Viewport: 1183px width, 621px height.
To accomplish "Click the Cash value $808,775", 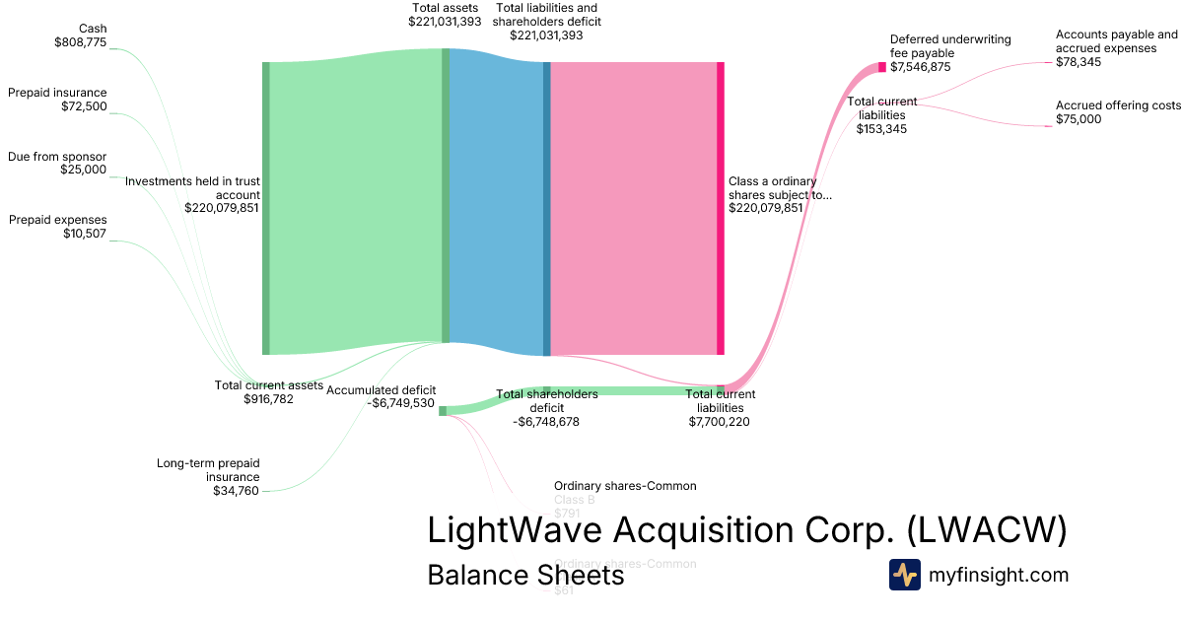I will click(x=80, y=42).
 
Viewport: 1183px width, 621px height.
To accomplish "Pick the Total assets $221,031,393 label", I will click(x=445, y=14).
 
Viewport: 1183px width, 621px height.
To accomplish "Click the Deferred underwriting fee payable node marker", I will click(x=882, y=67).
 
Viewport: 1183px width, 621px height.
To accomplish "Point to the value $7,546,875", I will click(x=921, y=68).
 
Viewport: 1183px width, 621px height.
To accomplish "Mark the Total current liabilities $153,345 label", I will click(x=882, y=114).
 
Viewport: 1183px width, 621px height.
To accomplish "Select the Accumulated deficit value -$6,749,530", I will click(x=395, y=403).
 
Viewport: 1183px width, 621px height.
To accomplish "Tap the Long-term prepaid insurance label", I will click(x=208, y=469).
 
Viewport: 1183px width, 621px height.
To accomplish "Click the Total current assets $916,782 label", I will click(x=268, y=392).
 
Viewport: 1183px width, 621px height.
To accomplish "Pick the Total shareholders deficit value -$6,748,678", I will click(x=546, y=422).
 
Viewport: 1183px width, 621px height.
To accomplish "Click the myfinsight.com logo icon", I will click(x=904, y=575).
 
